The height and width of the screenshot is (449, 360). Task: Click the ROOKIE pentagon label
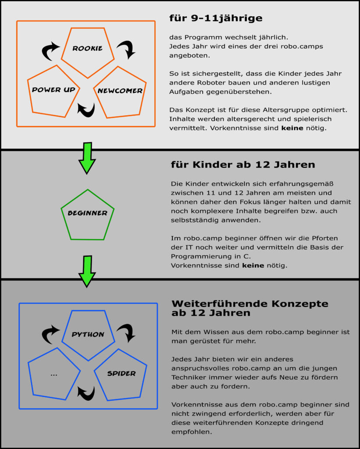point(87,48)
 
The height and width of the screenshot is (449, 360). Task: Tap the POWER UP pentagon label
point(53,89)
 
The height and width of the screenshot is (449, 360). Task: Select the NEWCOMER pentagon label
point(120,91)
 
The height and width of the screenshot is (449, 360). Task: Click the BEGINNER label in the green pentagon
point(88,213)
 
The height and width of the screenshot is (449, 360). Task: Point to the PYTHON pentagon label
point(88,334)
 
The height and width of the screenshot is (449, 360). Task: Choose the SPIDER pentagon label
point(121,374)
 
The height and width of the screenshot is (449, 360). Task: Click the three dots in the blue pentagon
point(54,374)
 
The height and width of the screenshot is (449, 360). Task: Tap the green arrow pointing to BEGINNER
point(87,158)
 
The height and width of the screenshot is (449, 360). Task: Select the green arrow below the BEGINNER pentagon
point(87,271)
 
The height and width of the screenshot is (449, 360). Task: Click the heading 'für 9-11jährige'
point(216,18)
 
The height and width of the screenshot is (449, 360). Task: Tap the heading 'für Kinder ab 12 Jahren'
point(243,165)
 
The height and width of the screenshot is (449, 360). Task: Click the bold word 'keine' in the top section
point(292,128)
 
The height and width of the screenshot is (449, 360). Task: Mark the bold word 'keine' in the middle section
point(253,265)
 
